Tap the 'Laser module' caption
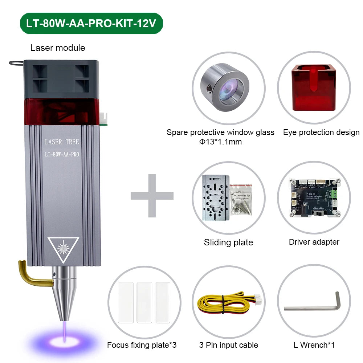(x=58, y=48)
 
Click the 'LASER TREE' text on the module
(x=61, y=142)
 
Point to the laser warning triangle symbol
(x=64, y=250)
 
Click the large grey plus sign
(x=152, y=196)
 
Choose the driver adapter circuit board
(x=314, y=198)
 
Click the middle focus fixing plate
(x=144, y=302)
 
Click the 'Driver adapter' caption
(x=314, y=242)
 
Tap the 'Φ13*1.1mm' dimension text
(x=220, y=142)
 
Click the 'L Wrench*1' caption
(x=314, y=345)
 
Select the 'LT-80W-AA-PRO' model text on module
(x=61, y=154)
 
